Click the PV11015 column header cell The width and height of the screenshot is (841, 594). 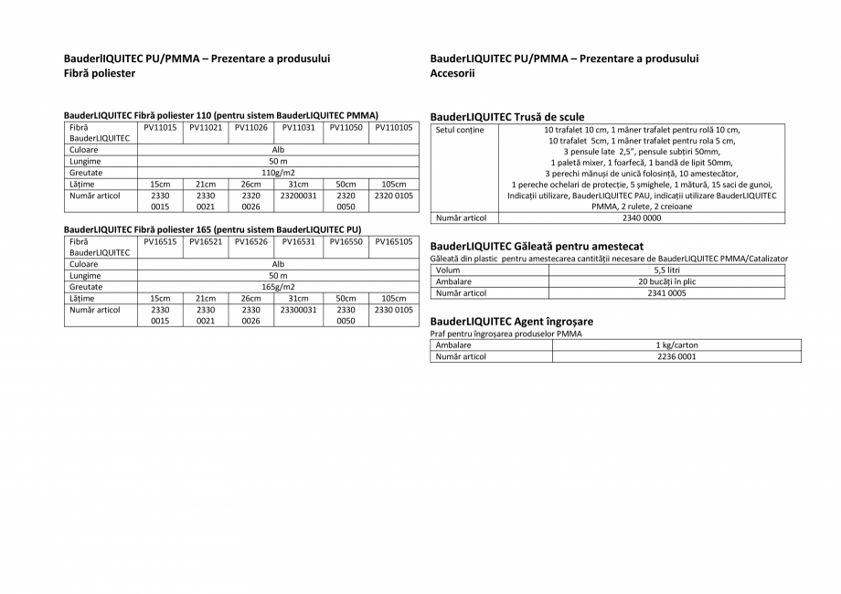click(x=160, y=128)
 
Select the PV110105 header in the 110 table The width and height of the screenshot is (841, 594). click(x=394, y=128)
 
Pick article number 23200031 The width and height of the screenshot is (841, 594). click(x=299, y=196)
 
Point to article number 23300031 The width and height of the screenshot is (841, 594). click(x=299, y=310)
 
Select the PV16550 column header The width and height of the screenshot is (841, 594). click(x=346, y=242)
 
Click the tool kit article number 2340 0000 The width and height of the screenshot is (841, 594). click(x=642, y=218)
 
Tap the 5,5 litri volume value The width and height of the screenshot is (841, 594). click(x=666, y=270)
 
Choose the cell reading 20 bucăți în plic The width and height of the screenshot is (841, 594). click(x=666, y=282)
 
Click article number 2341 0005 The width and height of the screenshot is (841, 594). click(x=666, y=293)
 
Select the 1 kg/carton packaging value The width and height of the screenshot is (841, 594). click(x=676, y=345)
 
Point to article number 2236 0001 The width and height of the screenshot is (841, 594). click(x=676, y=356)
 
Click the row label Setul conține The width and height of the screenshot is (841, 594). click(x=460, y=130)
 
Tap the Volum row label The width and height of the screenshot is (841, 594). click(x=448, y=270)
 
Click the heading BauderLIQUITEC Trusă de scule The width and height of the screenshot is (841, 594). click(x=506, y=117)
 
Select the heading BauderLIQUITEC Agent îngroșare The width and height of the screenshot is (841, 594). click(x=511, y=322)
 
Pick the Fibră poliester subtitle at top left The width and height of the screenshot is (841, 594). click(x=99, y=73)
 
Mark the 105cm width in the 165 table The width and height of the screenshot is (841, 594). click(x=394, y=298)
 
